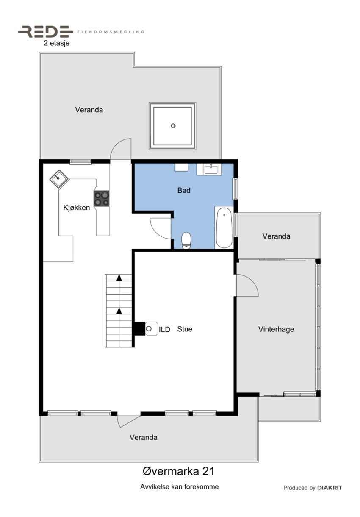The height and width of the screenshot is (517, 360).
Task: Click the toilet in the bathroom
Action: pyautogui.click(x=186, y=241)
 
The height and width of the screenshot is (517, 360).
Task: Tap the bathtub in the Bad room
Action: pyautogui.click(x=224, y=228)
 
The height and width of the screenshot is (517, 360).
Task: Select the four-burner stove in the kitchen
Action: pyautogui.click(x=101, y=198)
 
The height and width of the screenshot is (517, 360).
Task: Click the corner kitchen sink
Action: pyautogui.click(x=58, y=179)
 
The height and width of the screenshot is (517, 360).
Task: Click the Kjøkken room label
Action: pyautogui.click(x=77, y=208)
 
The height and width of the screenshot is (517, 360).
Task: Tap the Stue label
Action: pyautogui.click(x=185, y=329)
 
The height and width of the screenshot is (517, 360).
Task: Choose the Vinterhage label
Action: pyautogui.click(x=276, y=329)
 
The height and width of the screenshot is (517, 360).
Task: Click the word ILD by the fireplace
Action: pyautogui.click(x=164, y=330)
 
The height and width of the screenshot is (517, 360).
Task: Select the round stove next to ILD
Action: pyautogui.click(x=150, y=328)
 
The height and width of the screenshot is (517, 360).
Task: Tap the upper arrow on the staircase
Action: pyautogui.click(x=119, y=278)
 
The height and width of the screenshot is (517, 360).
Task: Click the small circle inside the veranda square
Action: pyautogui.click(x=173, y=126)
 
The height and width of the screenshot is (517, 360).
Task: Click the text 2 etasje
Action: pyautogui.click(x=56, y=43)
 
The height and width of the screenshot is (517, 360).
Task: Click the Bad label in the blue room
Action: pyautogui.click(x=184, y=190)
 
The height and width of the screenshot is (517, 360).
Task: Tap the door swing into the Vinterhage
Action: pyautogui.click(x=247, y=285)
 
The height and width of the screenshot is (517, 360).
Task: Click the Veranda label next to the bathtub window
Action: pyautogui.click(x=276, y=236)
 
